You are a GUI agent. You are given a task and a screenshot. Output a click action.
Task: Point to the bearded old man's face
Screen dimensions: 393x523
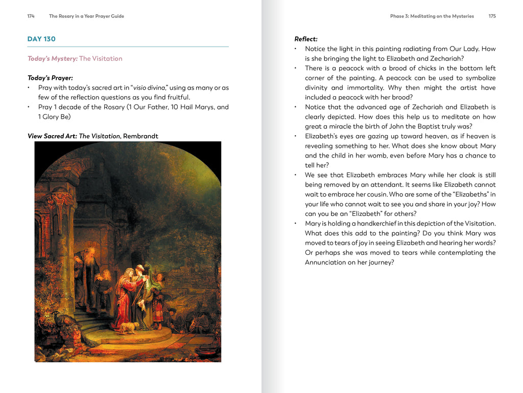90,256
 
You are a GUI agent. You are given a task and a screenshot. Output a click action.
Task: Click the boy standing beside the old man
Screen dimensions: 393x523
107,287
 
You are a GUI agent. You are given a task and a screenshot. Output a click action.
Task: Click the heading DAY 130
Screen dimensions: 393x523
41,39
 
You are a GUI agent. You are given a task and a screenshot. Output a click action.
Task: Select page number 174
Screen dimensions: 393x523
31,16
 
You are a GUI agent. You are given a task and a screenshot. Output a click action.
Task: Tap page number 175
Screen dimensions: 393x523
492,16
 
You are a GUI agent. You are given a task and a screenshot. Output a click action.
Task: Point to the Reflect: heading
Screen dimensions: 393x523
306,39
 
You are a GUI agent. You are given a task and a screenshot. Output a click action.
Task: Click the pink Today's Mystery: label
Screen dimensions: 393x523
53,58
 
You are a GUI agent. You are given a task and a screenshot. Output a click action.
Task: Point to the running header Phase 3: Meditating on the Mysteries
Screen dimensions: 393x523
432,16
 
